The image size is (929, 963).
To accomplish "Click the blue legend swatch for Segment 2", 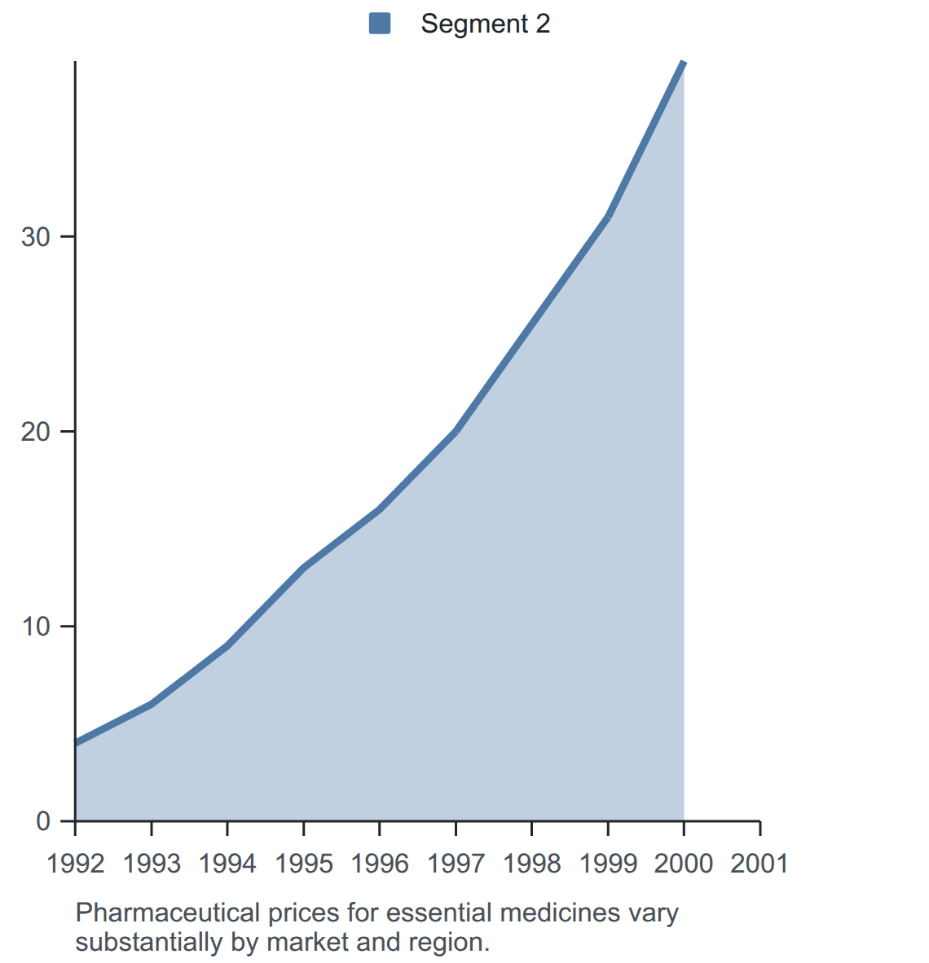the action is pos(380,24).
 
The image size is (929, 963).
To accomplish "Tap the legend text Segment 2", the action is pos(486,24).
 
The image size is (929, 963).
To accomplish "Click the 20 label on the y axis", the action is pos(36,432).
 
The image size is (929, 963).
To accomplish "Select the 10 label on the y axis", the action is pos(36,627).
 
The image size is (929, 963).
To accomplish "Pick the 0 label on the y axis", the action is pos(43,821).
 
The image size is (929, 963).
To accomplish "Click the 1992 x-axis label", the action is pos(76,864).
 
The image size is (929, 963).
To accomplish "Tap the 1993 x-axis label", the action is pos(152,864).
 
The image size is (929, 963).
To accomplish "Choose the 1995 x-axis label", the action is pos(303,864).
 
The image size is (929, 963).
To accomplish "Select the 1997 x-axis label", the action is pos(456,864).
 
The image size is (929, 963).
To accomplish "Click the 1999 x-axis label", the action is pos(608,864).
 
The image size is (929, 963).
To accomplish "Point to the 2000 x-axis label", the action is pos(684,864).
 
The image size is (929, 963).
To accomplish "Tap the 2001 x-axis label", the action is pos(760,864).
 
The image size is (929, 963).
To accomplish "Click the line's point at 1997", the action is pos(456,431).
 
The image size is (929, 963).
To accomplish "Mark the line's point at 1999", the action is pos(608,217).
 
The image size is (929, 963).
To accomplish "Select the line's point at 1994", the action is pos(227,645).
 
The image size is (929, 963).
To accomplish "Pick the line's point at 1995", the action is pos(303,568).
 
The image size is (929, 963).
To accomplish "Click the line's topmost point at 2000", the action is pos(684,61).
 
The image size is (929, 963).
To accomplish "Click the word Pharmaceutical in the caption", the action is pos(169,913).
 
